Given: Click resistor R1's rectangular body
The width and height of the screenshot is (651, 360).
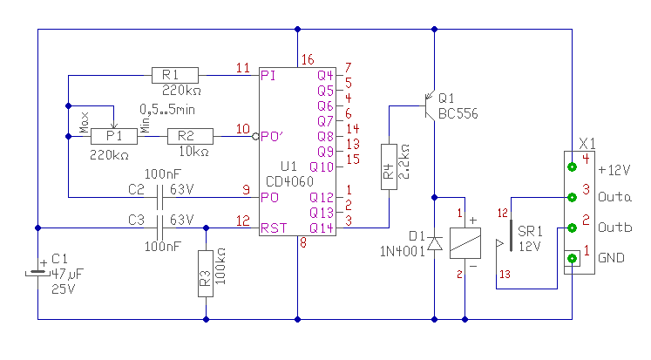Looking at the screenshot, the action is click(175, 75).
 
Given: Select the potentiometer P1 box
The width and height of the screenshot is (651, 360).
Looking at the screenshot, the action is click(114, 136).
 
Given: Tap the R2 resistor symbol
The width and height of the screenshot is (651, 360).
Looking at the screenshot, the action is click(190, 136).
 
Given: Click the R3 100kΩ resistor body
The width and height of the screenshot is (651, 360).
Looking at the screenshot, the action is click(206, 273).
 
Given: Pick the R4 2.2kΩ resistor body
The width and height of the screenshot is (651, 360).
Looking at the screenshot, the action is click(389, 166).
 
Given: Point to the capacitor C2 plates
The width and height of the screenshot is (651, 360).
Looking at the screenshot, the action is click(159, 197).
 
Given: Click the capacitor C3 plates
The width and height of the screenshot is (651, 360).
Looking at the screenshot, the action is click(159, 228).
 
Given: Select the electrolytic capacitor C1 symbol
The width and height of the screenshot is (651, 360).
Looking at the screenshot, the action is click(37, 272).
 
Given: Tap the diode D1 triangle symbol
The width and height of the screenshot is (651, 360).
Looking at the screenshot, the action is click(434, 243).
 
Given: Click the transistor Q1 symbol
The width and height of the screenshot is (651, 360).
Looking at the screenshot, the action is click(429, 105).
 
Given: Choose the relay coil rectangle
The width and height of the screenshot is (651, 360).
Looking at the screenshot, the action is click(465, 243).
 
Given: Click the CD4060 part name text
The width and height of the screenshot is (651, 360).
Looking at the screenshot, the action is click(290, 181).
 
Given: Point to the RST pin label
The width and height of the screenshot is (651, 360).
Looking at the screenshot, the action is click(274, 228).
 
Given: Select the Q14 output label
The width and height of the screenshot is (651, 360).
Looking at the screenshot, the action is click(322, 228).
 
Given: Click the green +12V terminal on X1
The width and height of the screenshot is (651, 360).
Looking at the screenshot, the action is click(572, 166).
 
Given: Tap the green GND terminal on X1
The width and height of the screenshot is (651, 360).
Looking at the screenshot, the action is click(572, 258).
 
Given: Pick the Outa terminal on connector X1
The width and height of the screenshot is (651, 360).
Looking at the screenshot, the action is click(572, 197).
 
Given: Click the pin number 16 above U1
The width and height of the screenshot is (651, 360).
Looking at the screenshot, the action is click(308, 60).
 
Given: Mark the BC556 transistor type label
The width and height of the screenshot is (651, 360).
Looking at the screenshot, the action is click(458, 113).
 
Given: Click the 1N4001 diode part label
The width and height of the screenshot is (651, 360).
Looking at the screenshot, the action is click(403, 251).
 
